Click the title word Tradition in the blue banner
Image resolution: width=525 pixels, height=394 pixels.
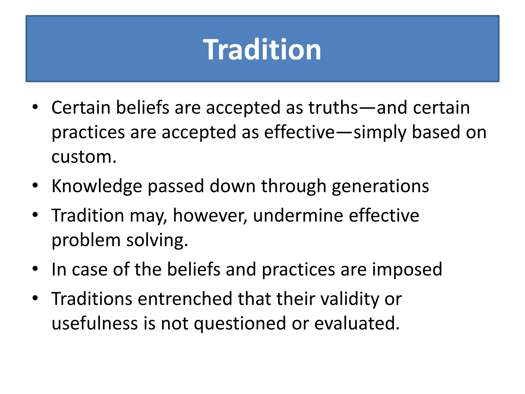(262, 49)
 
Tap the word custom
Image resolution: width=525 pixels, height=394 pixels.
(84, 157)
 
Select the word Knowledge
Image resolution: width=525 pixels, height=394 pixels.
(97, 186)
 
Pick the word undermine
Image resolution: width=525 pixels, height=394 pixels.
(298, 215)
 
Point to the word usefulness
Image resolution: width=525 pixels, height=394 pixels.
(95, 323)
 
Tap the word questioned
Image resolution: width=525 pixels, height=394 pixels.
(240, 324)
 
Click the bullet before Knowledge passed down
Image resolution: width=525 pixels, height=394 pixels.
(35, 185)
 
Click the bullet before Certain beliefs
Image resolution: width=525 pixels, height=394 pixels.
(35, 107)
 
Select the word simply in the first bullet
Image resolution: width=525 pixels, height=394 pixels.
(380, 133)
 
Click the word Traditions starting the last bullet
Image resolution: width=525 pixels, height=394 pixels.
(92, 299)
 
